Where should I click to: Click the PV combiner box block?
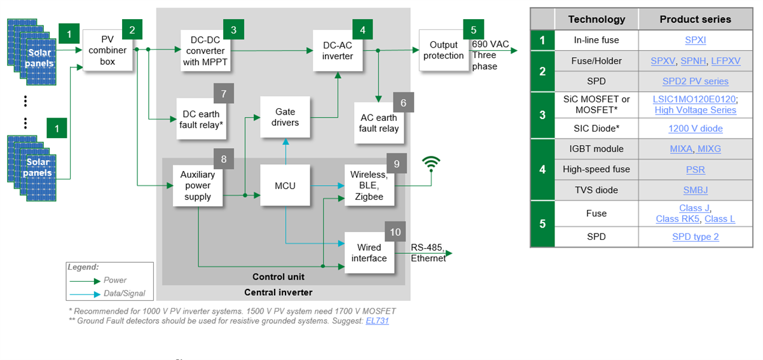coord(107,50)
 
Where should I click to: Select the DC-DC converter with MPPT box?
coord(205,50)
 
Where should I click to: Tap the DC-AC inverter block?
coord(337,50)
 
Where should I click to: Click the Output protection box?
coord(443,50)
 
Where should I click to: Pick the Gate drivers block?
coord(285,117)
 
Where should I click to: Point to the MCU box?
coord(285,186)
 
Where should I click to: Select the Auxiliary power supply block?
coord(197,186)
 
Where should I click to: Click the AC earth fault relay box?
coord(379,123)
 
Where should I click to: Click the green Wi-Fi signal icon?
coord(432,164)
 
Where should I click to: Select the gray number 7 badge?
coord(224,93)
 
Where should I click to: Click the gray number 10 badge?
coord(395,232)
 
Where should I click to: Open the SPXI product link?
coord(695,40)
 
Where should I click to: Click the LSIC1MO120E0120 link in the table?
coord(695,99)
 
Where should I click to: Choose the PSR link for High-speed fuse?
coord(695,170)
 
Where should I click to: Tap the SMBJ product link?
coord(695,190)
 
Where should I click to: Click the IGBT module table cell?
coord(596,149)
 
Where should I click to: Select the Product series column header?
coord(695,19)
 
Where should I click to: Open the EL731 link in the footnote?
coord(377,321)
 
